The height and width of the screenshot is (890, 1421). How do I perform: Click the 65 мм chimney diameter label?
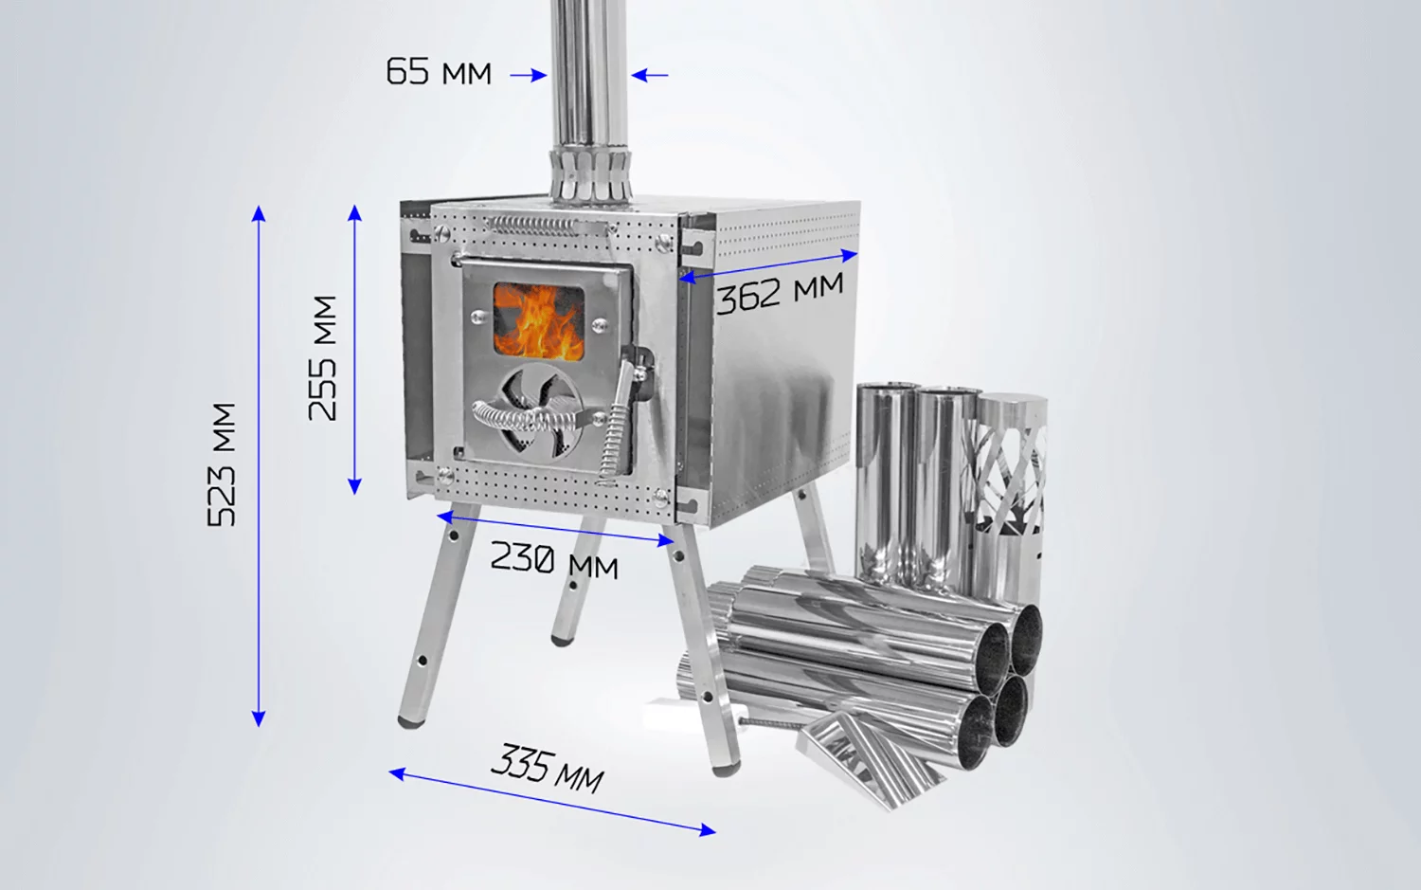(439, 71)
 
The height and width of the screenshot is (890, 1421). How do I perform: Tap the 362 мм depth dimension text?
(781, 293)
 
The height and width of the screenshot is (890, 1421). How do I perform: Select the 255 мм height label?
(322, 358)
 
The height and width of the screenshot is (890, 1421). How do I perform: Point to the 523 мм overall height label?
(222, 464)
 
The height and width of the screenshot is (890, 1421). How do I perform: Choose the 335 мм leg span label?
(548, 769)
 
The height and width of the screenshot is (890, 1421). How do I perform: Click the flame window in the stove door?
(539, 320)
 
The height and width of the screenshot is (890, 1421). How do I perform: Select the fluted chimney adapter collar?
(590, 175)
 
